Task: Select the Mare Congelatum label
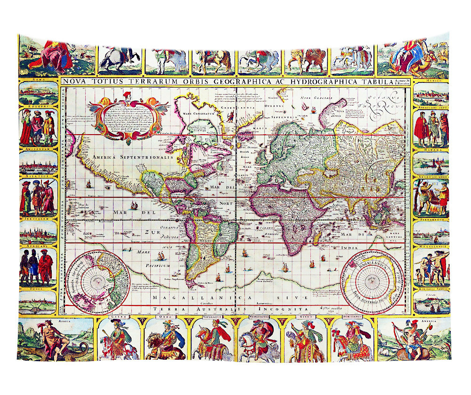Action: point(200,113)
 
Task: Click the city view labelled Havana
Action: point(431,163)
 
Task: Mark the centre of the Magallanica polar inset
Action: point(373,281)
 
